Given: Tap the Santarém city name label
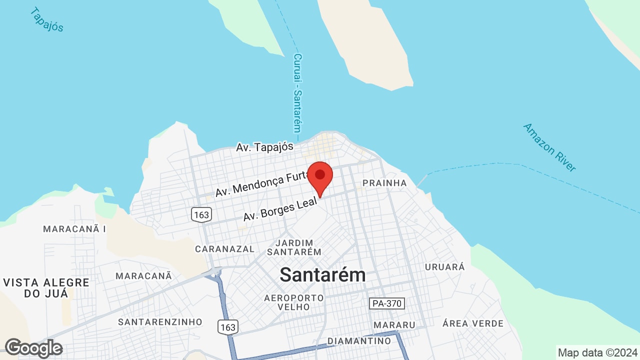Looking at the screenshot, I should [322, 274].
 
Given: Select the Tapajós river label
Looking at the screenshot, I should [46, 19].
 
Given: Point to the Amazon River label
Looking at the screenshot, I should [549, 147].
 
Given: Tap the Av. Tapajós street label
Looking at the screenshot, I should [265, 147].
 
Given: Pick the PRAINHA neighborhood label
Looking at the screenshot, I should [384, 183].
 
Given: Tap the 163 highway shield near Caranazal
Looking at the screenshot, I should [201, 215].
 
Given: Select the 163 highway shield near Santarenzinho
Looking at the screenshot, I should [227, 327].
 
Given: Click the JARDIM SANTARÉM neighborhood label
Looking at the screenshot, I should [293, 247].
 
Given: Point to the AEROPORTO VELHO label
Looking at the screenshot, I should [293, 302].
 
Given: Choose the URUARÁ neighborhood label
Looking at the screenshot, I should [444, 266].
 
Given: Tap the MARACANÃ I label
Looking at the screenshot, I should [74, 229].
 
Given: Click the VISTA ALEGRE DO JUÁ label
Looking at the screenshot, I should [46, 288].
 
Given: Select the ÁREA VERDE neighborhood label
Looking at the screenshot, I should [472, 323].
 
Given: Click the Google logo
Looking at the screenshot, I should [33, 348].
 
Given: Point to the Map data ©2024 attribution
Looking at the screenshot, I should [597, 352].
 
